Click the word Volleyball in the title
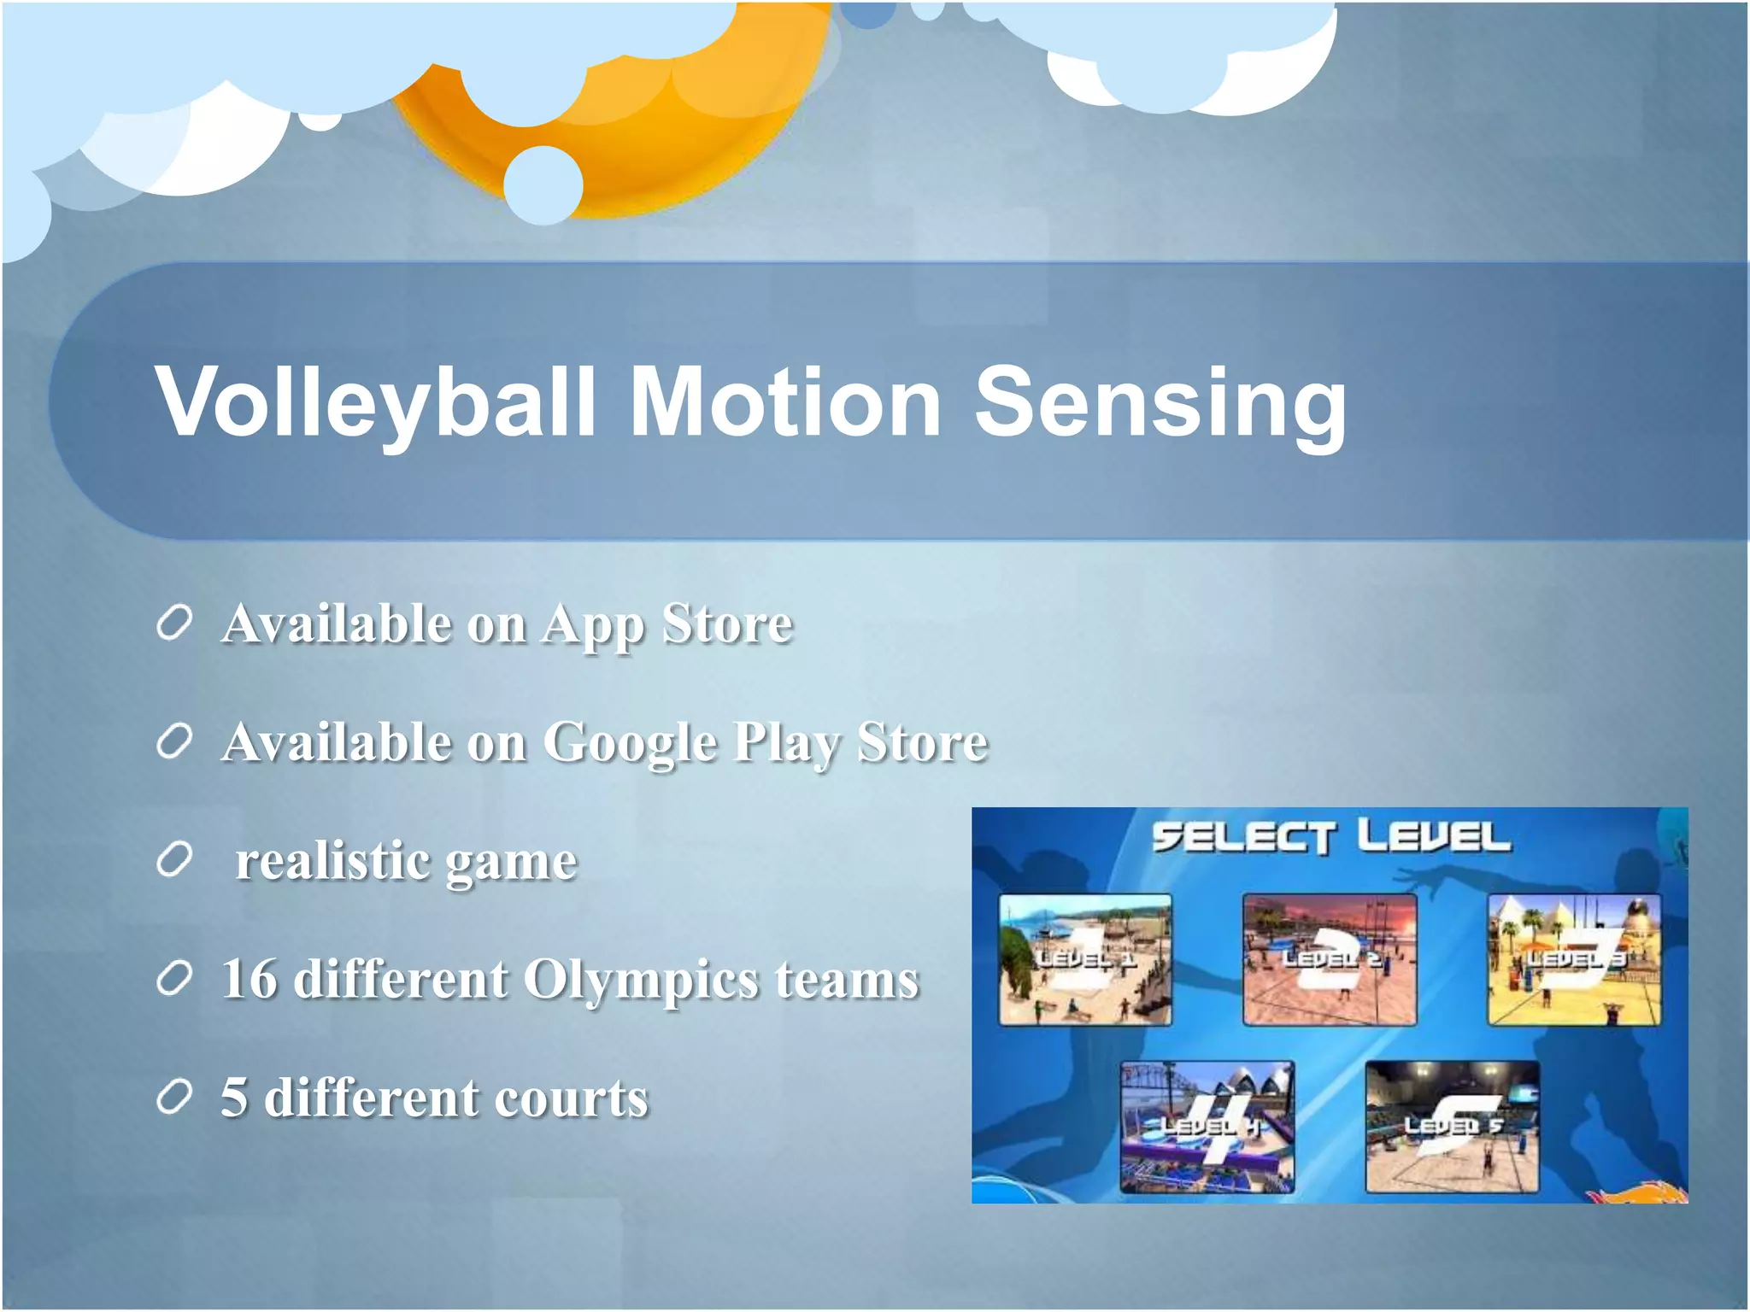click(374, 401)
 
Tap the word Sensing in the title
click(1160, 401)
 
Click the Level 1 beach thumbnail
click(1085, 959)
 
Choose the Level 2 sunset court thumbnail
click(1330, 959)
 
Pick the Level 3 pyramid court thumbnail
click(1574, 959)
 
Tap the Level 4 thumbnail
click(1207, 1127)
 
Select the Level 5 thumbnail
click(1452, 1127)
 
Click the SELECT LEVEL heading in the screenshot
click(1330, 837)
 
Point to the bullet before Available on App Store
click(173, 624)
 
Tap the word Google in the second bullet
click(630, 741)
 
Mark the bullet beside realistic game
click(173, 861)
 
